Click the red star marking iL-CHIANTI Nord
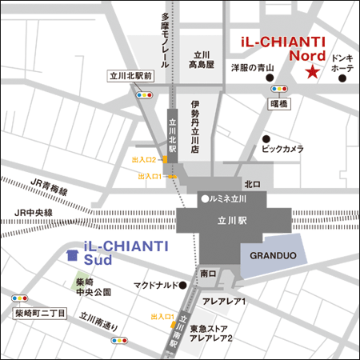312,72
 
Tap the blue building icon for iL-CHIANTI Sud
72,256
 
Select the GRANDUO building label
271,258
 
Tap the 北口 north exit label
253,184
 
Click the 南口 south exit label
209,274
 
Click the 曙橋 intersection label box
280,102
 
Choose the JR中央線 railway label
33,212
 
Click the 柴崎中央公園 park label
85,287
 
